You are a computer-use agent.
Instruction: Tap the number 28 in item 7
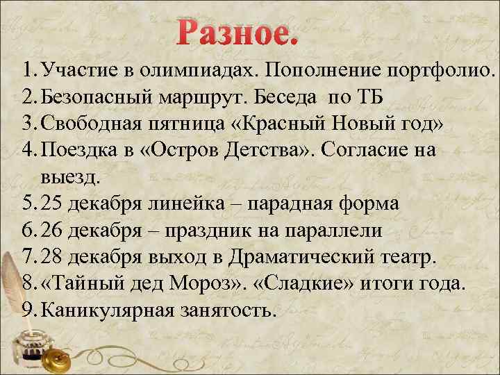(x=52, y=257)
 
